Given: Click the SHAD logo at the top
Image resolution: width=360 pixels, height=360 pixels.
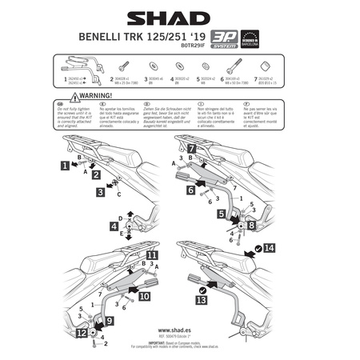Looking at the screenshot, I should pos(180,17).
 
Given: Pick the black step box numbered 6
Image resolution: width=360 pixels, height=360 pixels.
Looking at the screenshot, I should pos(190,191).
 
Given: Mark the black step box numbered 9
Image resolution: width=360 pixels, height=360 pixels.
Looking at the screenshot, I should pos(110,321).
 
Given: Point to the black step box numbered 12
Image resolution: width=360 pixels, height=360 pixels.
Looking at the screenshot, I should pos(83,331).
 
